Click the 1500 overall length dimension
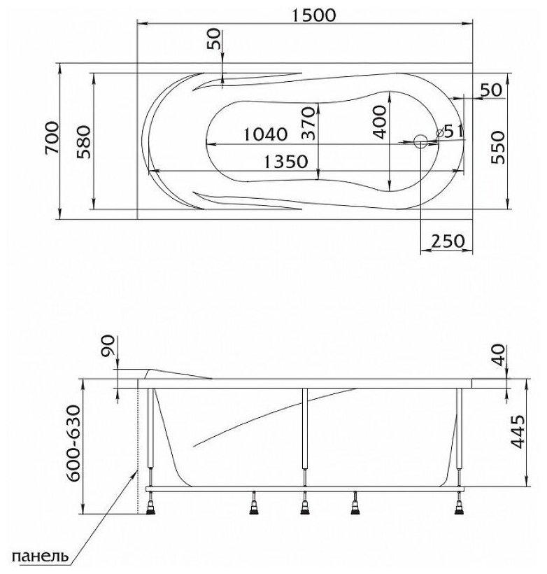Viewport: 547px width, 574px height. [x=313, y=15]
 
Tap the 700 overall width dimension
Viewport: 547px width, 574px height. [x=52, y=138]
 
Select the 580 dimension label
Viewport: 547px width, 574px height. [x=83, y=141]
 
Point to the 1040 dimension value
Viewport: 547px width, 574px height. [x=265, y=134]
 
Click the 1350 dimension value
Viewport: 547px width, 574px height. [x=286, y=162]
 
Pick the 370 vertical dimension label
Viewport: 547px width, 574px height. [x=308, y=123]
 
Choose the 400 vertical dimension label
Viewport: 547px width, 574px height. [x=379, y=122]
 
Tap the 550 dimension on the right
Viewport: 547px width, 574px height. [x=497, y=148]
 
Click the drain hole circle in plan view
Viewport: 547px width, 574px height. [x=421, y=141]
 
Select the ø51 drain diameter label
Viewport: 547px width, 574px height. [x=450, y=132]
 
